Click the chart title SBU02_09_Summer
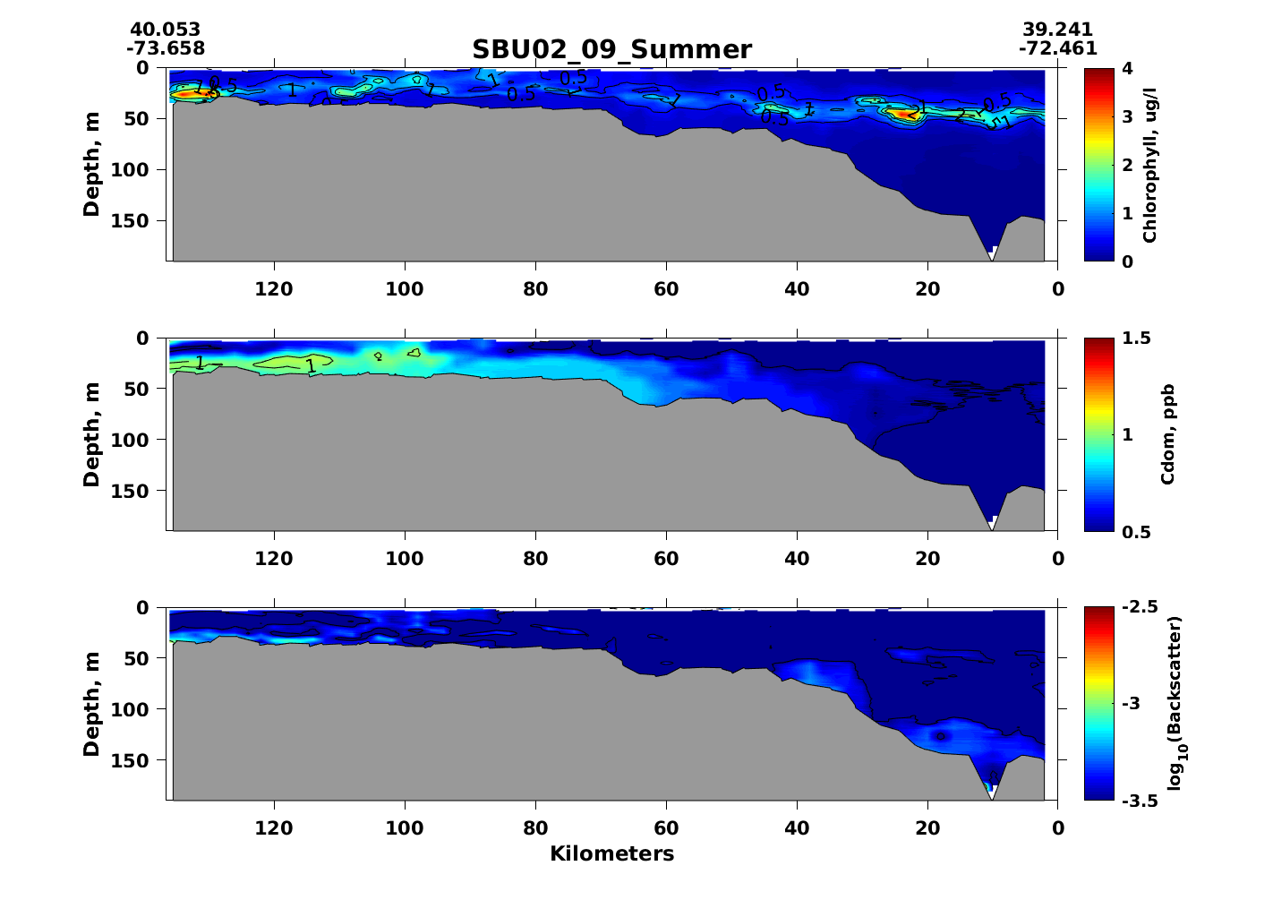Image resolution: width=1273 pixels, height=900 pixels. [x=611, y=49]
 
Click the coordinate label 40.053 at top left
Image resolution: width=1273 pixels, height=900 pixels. [x=165, y=30]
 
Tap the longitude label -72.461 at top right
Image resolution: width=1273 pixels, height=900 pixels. [x=1057, y=48]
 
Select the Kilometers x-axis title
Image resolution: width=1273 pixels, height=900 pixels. [x=611, y=853]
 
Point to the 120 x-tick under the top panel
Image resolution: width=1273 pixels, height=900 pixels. [x=274, y=288]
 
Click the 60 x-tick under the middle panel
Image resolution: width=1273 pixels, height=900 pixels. [x=666, y=559]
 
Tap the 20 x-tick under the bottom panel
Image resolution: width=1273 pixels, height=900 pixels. [x=927, y=828]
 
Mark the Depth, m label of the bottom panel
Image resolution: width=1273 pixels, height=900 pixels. [x=91, y=703]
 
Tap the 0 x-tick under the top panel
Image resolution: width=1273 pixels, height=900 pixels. [x=1058, y=288]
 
